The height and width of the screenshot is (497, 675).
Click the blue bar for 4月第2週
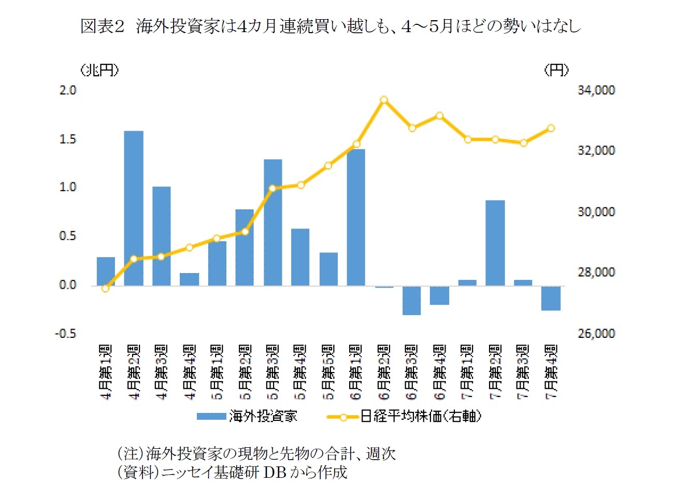[134, 208]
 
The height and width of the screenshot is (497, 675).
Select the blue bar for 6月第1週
[356, 217]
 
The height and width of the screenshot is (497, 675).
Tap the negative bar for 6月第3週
[412, 300]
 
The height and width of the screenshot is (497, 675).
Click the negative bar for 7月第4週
[551, 298]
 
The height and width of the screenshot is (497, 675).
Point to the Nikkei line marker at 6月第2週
[384, 100]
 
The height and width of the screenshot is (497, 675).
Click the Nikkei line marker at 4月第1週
[106, 288]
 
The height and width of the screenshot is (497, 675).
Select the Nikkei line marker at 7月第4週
[551, 128]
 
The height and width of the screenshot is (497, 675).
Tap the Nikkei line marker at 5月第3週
[272, 188]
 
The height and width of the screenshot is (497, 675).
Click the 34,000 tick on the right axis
[596, 90]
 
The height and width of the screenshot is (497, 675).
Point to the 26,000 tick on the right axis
[596, 333]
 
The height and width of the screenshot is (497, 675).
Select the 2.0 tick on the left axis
[68, 90]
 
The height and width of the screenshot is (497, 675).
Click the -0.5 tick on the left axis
[66, 333]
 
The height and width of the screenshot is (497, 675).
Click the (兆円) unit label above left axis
[99, 70]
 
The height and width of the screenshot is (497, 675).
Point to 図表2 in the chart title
[103, 26]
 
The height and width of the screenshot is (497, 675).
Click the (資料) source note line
[232, 472]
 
